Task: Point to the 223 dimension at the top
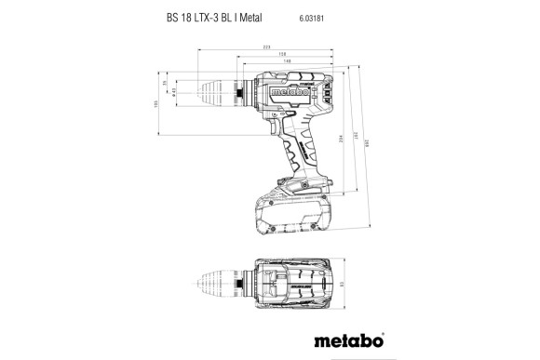(267, 46)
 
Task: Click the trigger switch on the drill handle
(276, 129)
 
